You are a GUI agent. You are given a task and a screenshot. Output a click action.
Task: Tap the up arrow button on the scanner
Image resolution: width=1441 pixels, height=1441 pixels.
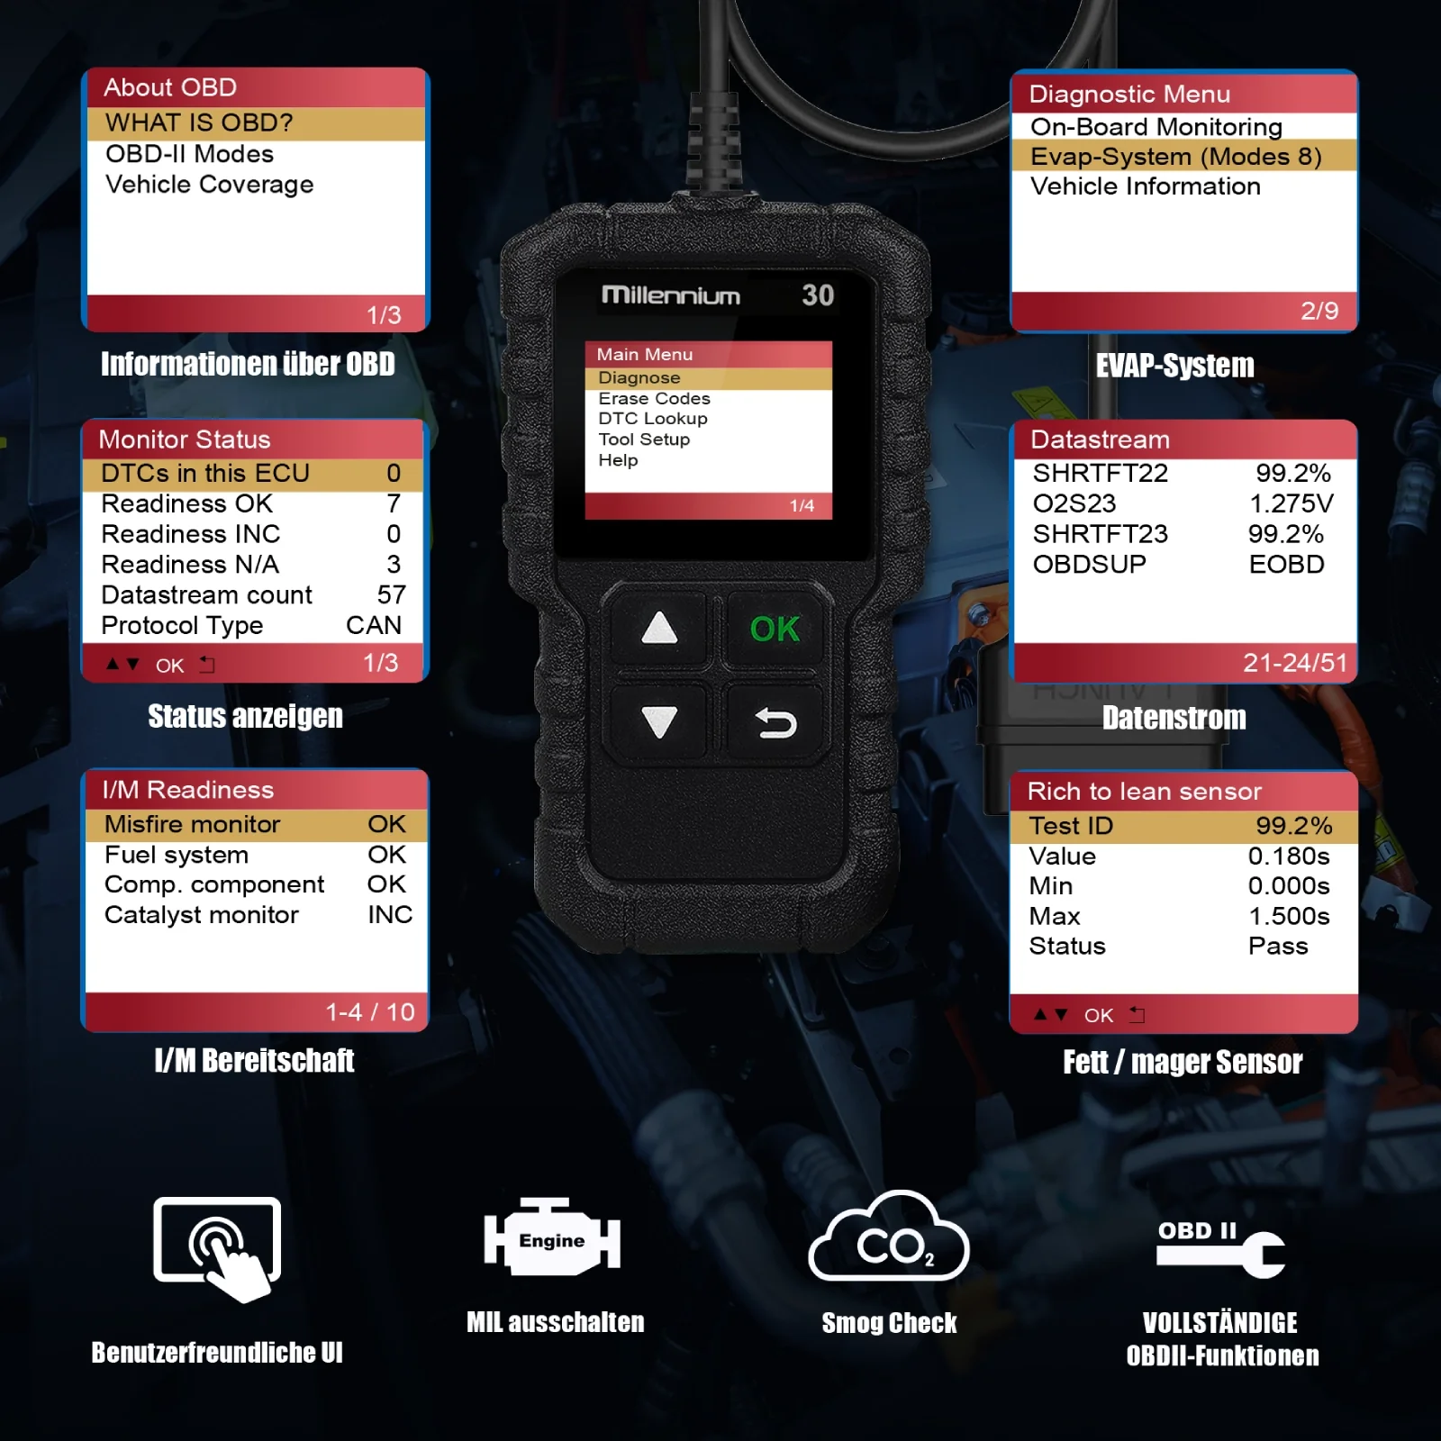[x=659, y=628]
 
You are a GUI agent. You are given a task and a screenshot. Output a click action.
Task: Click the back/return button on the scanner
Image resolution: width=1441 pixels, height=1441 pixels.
[x=775, y=722]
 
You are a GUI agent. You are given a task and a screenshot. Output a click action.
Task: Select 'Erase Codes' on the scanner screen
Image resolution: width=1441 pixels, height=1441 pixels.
[x=654, y=398]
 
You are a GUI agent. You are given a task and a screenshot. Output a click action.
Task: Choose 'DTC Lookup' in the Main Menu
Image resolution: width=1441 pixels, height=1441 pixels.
[x=653, y=419]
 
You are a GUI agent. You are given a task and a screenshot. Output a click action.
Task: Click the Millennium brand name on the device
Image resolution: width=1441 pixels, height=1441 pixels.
[x=671, y=295]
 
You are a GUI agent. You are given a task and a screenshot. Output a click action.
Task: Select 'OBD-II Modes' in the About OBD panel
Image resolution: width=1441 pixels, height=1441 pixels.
[x=189, y=154]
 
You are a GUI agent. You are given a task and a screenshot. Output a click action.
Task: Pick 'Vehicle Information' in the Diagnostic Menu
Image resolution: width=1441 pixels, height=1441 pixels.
[x=1145, y=186]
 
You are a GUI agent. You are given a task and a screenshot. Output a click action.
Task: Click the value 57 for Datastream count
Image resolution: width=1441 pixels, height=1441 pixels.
[x=392, y=594]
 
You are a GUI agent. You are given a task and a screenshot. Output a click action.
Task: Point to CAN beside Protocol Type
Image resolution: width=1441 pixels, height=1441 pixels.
[x=374, y=625]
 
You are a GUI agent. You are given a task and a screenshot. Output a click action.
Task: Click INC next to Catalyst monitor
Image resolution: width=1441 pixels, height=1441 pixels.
[x=390, y=915]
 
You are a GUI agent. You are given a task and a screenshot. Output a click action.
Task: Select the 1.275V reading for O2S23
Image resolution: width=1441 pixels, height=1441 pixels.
[x=1291, y=503]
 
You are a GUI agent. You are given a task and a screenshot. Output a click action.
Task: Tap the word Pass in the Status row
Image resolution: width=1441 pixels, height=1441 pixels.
[x=1278, y=946]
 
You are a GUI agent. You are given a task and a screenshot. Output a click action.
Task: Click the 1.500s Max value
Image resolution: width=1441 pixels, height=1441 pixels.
[x=1289, y=916]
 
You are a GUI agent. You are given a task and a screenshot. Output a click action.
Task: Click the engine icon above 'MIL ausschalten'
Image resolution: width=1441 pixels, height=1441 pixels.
[x=552, y=1237]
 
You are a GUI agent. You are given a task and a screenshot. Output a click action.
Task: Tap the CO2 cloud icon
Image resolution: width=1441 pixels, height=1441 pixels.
[x=889, y=1237]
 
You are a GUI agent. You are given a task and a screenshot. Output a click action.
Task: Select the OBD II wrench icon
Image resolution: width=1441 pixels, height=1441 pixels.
[x=1220, y=1249]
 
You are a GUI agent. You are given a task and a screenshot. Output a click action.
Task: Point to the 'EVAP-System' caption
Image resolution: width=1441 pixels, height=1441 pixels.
[x=1174, y=366]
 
